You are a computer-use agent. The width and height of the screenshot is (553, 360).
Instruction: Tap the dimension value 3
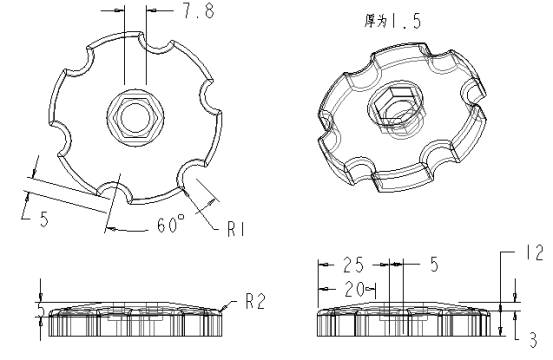tap(534, 341)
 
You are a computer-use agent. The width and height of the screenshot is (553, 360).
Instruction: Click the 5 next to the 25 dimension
tap(433, 265)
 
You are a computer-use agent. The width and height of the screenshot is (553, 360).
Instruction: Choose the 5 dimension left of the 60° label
tap(44, 219)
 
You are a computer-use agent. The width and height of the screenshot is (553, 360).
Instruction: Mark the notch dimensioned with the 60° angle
tap(116, 186)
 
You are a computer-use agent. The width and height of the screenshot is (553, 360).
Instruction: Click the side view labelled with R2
tap(130, 317)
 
